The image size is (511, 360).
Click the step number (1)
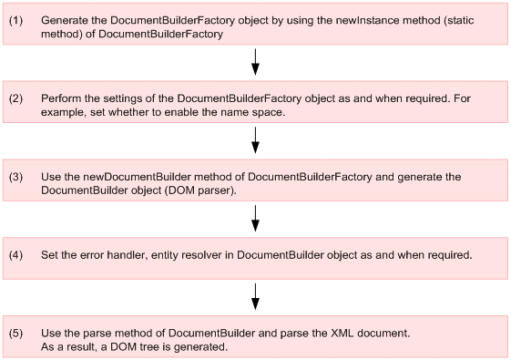pos(15,19)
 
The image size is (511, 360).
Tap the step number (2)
pos(15,98)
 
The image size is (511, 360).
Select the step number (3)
pos(15,175)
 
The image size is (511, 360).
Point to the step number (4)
pos(15,254)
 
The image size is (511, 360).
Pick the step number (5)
pos(15,332)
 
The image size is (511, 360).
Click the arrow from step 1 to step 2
pos(255,61)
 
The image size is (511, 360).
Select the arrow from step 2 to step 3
pos(255,139)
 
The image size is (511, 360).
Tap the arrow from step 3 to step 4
pos(255,218)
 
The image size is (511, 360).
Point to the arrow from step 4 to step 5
pos(255,296)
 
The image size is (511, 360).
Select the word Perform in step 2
pos(61,98)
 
